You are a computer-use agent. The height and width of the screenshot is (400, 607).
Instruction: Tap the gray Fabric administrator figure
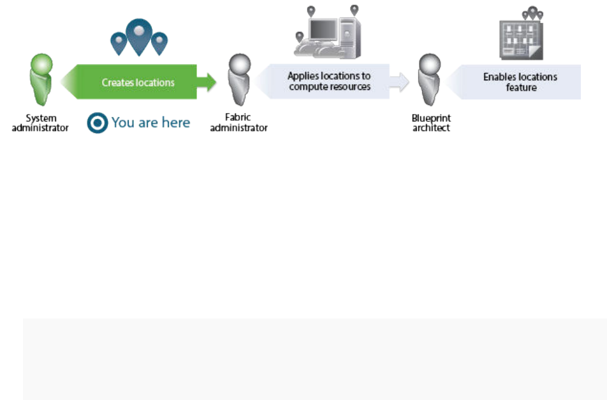[239, 82]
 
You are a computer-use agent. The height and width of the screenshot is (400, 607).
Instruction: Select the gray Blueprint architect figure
[430, 82]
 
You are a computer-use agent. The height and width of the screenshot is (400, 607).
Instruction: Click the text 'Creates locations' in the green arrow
[138, 83]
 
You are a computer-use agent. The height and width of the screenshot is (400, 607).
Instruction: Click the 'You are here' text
[150, 123]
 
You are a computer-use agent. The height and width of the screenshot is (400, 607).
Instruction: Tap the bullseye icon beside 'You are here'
[97, 124]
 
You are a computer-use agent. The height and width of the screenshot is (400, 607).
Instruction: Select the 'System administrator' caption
[41, 123]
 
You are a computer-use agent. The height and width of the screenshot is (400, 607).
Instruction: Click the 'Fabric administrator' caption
[238, 123]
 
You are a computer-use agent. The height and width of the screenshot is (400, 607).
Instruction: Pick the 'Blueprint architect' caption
[430, 123]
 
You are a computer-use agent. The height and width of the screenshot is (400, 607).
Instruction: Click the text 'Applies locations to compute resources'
[329, 82]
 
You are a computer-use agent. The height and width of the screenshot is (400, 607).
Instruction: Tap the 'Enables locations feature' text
[520, 82]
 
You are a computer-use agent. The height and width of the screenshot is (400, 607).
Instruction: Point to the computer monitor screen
[322, 29]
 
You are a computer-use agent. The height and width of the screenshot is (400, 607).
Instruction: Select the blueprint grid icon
[520, 38]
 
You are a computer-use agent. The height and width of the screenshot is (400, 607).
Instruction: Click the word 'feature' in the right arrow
[521, 87]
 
